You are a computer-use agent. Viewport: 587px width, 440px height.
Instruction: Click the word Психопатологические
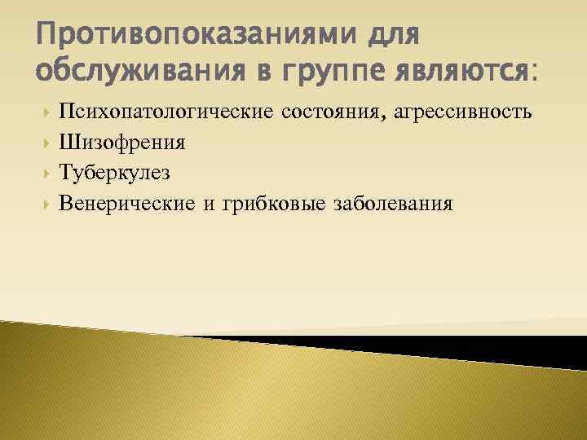[x=167, y=112]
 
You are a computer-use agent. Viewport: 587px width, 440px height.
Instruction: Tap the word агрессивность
[x=463, y=113]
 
